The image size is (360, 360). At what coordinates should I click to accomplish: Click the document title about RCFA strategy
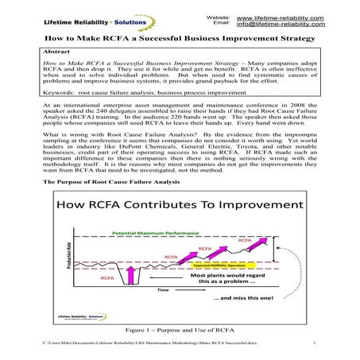tap(180, 38)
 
